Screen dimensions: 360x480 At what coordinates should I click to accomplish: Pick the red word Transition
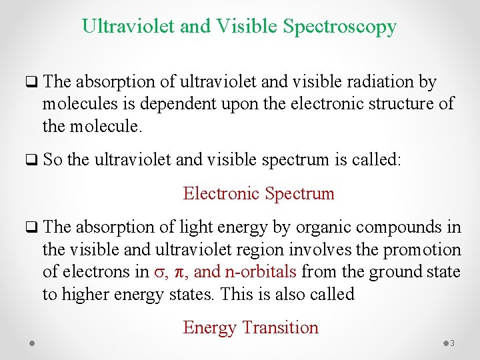pyautogui.click(x=281, y=328)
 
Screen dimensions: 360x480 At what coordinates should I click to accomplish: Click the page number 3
pyautogui.click(x=452, y=343)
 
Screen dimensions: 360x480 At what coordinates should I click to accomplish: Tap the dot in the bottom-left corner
pyautogui.click(x=32, y=343)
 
